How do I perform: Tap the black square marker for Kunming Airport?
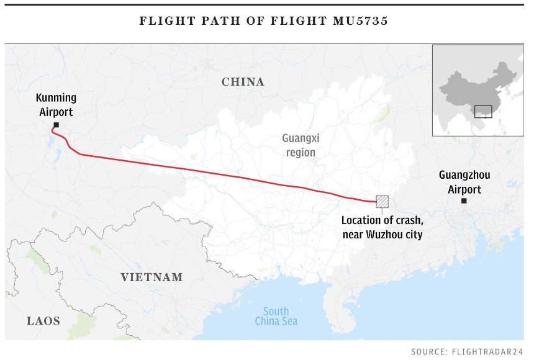point(57,125)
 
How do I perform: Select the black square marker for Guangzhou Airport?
point(464,200)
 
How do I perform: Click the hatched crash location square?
point(382,202)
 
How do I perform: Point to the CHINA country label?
point(243,82)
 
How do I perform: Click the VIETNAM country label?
point(152,277)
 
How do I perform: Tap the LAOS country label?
point(43,321)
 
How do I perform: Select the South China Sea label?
point(276,316)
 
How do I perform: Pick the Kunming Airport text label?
point(56,105)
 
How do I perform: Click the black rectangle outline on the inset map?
point(482,112)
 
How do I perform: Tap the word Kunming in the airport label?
point(56,98)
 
